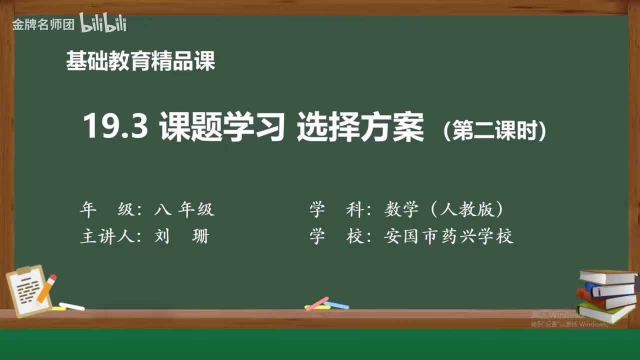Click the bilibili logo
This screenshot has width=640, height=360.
point(102,23)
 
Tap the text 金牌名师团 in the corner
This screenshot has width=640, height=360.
point(43,24)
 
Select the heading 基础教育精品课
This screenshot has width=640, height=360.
point(140,61)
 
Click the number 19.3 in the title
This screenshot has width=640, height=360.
point(115,126)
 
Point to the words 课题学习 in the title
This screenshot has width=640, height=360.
point(222,126)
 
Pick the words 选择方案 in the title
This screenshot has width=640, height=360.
point(360,126)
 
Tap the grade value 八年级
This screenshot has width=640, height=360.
point(184,209)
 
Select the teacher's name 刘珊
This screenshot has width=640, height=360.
point(181,236)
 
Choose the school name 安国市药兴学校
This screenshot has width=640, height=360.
point(448,236)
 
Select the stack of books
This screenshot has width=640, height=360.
point(606,295)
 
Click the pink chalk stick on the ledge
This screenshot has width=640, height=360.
point(316,303)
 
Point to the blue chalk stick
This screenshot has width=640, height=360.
point(336,304)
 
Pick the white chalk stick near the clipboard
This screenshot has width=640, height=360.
point(71,306)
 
